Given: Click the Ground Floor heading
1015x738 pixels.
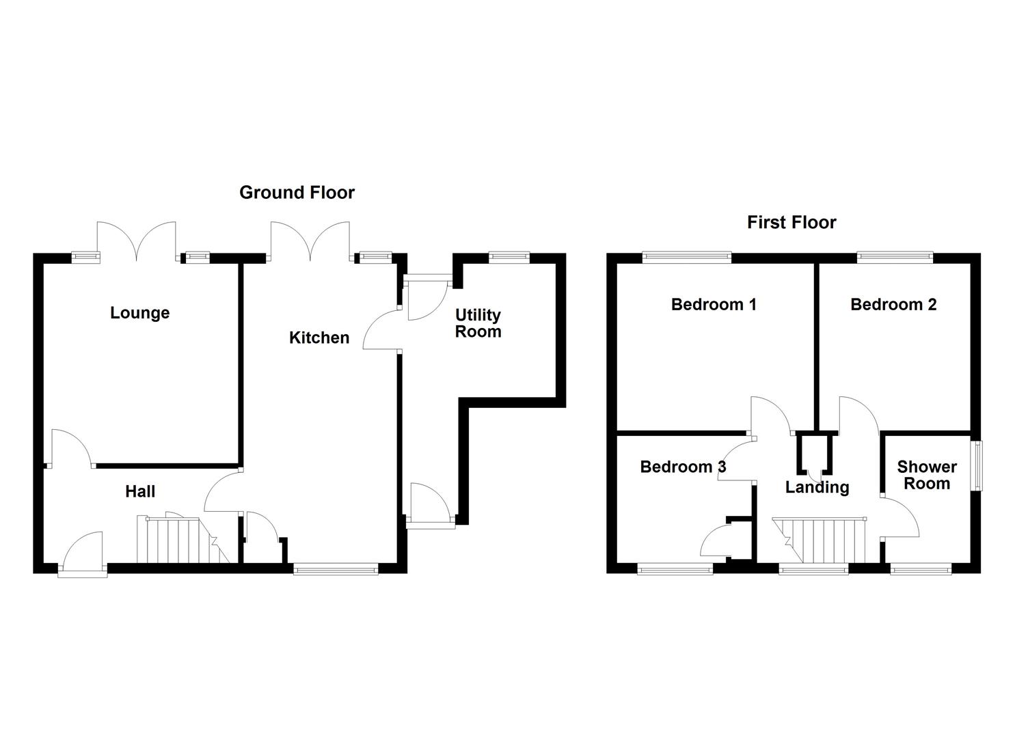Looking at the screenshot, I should pos(297,193).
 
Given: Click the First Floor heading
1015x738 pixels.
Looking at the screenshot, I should pos(791,223).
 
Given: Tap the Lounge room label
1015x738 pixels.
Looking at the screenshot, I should pos(139,313).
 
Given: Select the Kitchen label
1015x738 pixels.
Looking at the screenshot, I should pos(319,338).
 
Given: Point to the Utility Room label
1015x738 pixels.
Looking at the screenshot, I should pos(478,323).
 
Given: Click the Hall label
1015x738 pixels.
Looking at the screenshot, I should pos(139,491).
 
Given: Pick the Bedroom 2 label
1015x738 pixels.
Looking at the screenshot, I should pos(893,305).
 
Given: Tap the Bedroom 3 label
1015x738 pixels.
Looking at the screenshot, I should pos(682,467).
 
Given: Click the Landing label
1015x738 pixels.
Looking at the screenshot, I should pos(817,487).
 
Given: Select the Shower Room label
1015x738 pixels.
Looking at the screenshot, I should pos(926,476).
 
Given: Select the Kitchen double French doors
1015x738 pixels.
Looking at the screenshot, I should pos(311,242).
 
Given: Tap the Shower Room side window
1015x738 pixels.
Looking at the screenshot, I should pos(979,465).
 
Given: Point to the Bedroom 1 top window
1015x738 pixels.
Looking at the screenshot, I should pos(686,258).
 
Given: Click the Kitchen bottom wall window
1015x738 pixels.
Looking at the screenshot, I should pos(336,568).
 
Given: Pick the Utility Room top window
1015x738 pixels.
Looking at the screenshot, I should pos(509,258).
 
